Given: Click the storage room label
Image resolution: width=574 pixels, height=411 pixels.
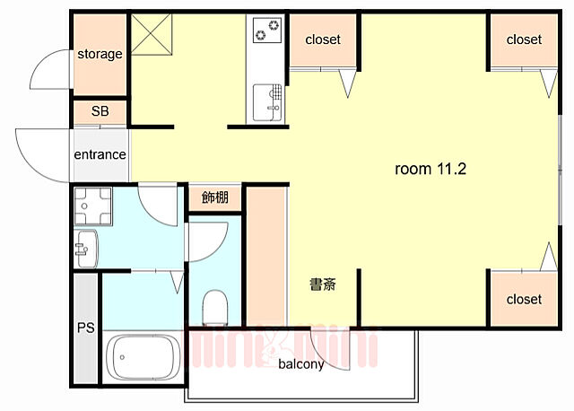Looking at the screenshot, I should click(x=100, y=54).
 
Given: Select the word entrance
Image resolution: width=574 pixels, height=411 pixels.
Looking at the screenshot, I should click(x=100, y=154).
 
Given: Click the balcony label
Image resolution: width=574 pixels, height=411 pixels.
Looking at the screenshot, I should click(x=300, y=364).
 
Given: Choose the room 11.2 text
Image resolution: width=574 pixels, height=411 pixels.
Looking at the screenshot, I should click(x=431, y=169).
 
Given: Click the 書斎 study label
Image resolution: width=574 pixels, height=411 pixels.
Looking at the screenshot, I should click(x=323, y=285).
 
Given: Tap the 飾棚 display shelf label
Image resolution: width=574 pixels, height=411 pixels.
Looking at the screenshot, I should click(x=215, y=197).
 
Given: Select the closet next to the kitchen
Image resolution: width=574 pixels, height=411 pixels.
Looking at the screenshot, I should click(x=323, y=40).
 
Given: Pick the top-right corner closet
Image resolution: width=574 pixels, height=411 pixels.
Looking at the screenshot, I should click(x=524, y=39).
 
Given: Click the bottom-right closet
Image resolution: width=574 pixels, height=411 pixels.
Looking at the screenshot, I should click(x=524, y=299).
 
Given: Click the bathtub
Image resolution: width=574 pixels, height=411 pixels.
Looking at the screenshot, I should click(x=143, y=359).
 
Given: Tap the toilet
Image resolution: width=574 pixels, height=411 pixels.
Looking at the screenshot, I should click(x=215, y=307).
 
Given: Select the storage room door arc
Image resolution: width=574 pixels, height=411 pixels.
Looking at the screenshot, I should click(x=49, y=70).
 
